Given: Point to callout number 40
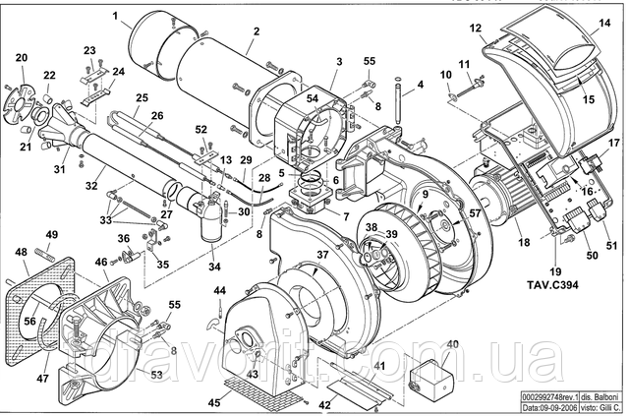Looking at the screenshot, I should pyautogui.click(x=453, y=344).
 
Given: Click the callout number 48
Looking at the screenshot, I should pyautogui.click(x=22, y=253).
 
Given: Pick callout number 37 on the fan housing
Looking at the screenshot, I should pyautogui.click(x=321, y=254).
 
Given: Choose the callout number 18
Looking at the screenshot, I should pyautogui.click(x=523, y=241).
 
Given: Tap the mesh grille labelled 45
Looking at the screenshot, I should pyautogui.click(x=261, y=390).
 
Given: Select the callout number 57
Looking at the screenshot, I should pyautogui.click(x=474, y=212).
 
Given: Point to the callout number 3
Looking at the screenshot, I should pyautogui.click(x=337, y=61).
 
